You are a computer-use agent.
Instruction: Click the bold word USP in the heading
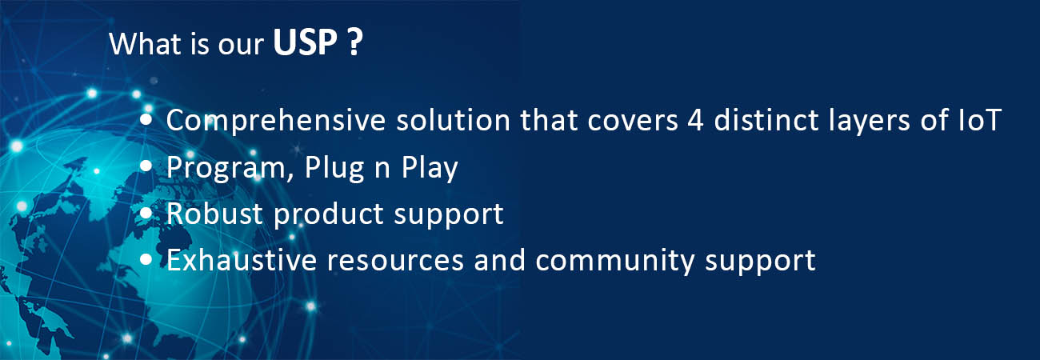305,42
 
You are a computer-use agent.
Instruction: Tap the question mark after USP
354,42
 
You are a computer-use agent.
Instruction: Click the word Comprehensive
276,121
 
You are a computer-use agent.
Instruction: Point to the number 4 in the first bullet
695,120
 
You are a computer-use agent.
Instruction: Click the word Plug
334,168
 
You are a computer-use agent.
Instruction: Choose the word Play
430,168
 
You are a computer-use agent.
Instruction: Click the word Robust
214,214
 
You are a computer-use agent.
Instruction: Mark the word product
329,214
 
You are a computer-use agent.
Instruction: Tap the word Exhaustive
242,260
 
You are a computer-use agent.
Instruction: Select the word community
615,261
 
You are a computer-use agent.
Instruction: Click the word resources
395,260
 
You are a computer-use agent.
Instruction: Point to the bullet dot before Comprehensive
146,120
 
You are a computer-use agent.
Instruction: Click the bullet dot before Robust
146,214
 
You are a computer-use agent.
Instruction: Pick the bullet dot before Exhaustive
146,259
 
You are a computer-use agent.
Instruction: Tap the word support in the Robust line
449,215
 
